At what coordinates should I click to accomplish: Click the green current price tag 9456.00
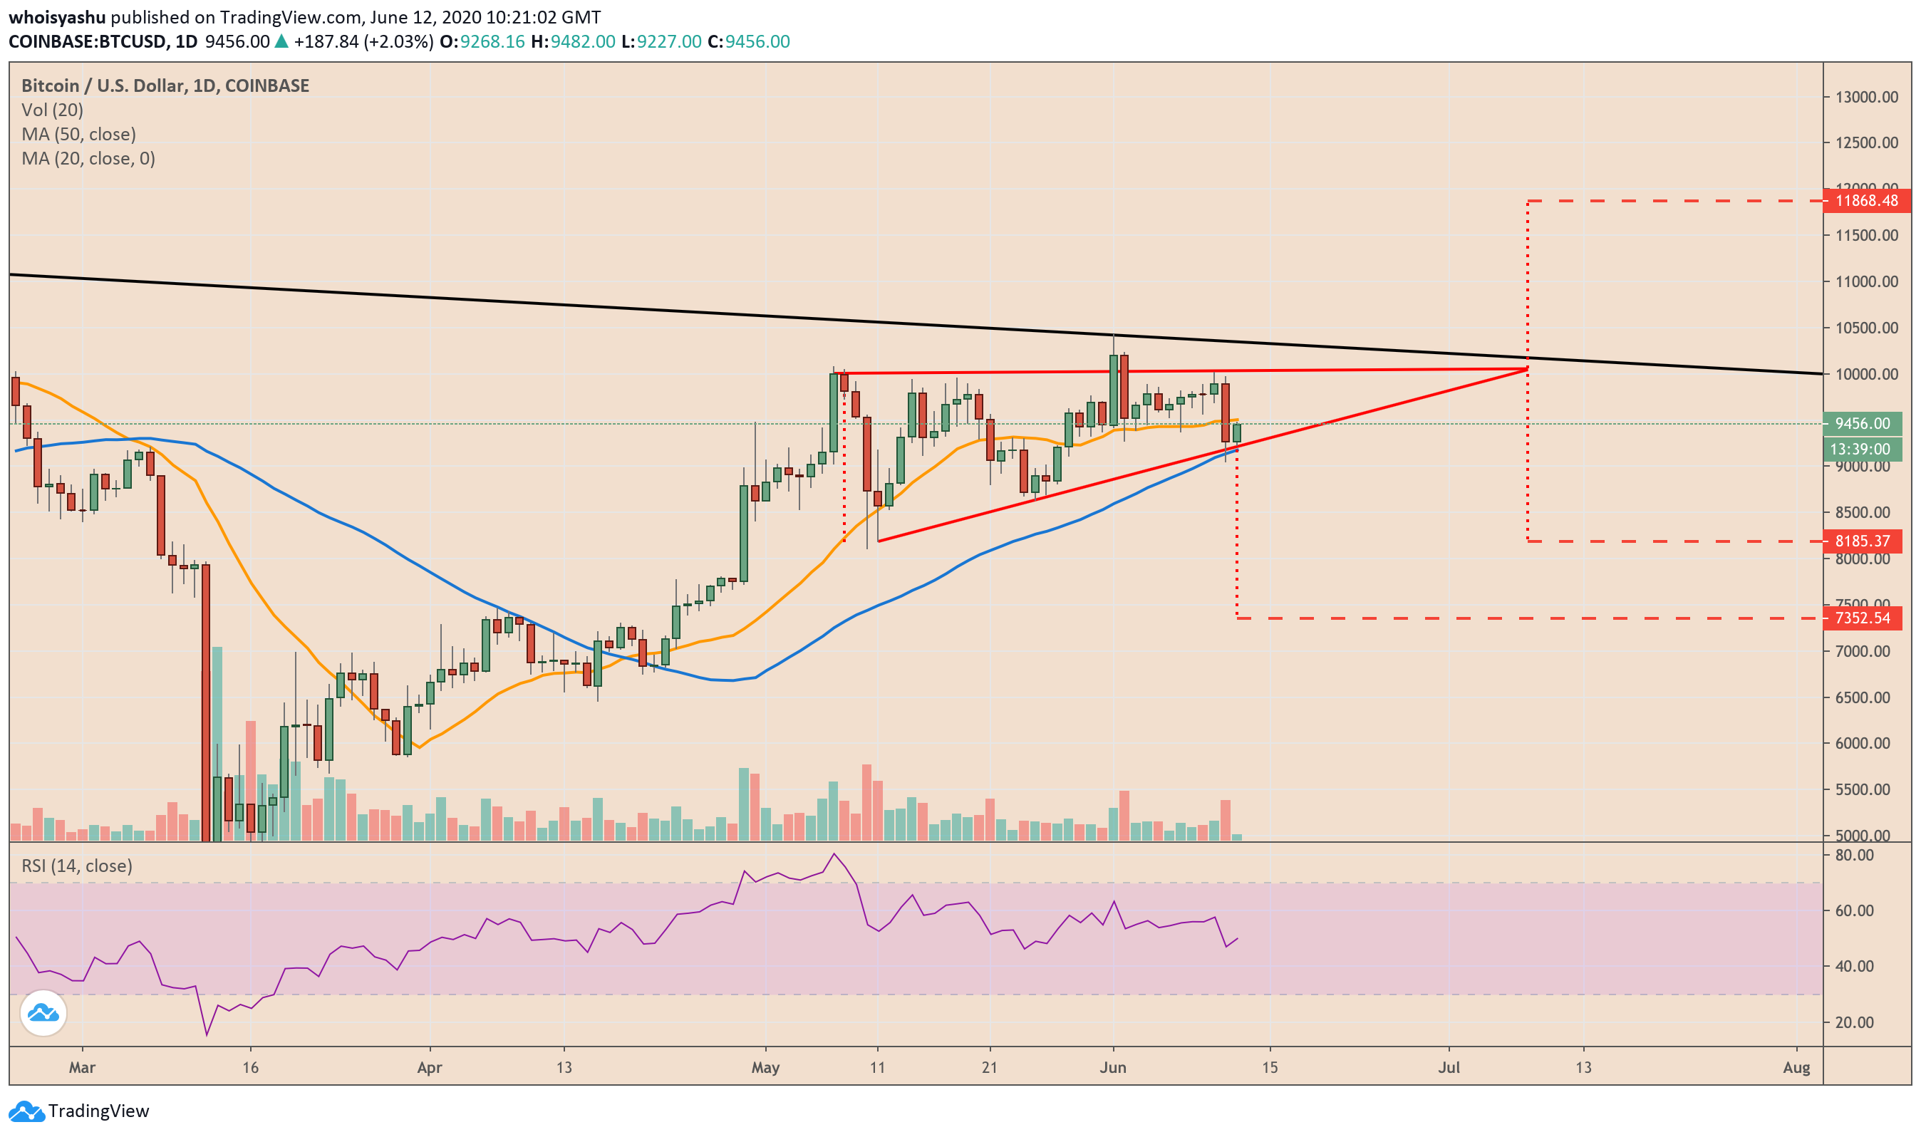coord(1862,424)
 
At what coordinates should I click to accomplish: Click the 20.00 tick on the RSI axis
coord(1854,1023)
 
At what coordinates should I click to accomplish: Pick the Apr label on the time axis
coord(430,1068)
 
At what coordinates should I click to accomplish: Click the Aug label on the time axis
coord(1796,1068)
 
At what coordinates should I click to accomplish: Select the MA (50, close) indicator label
coord(78,135)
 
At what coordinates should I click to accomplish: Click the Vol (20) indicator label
coord(52,110)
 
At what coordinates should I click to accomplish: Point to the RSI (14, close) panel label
coord(77,866)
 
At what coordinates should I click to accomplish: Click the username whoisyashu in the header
coord(57,17)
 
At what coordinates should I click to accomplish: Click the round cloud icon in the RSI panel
coord(43,1014)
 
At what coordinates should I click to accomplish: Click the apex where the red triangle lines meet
coord(1527,369)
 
